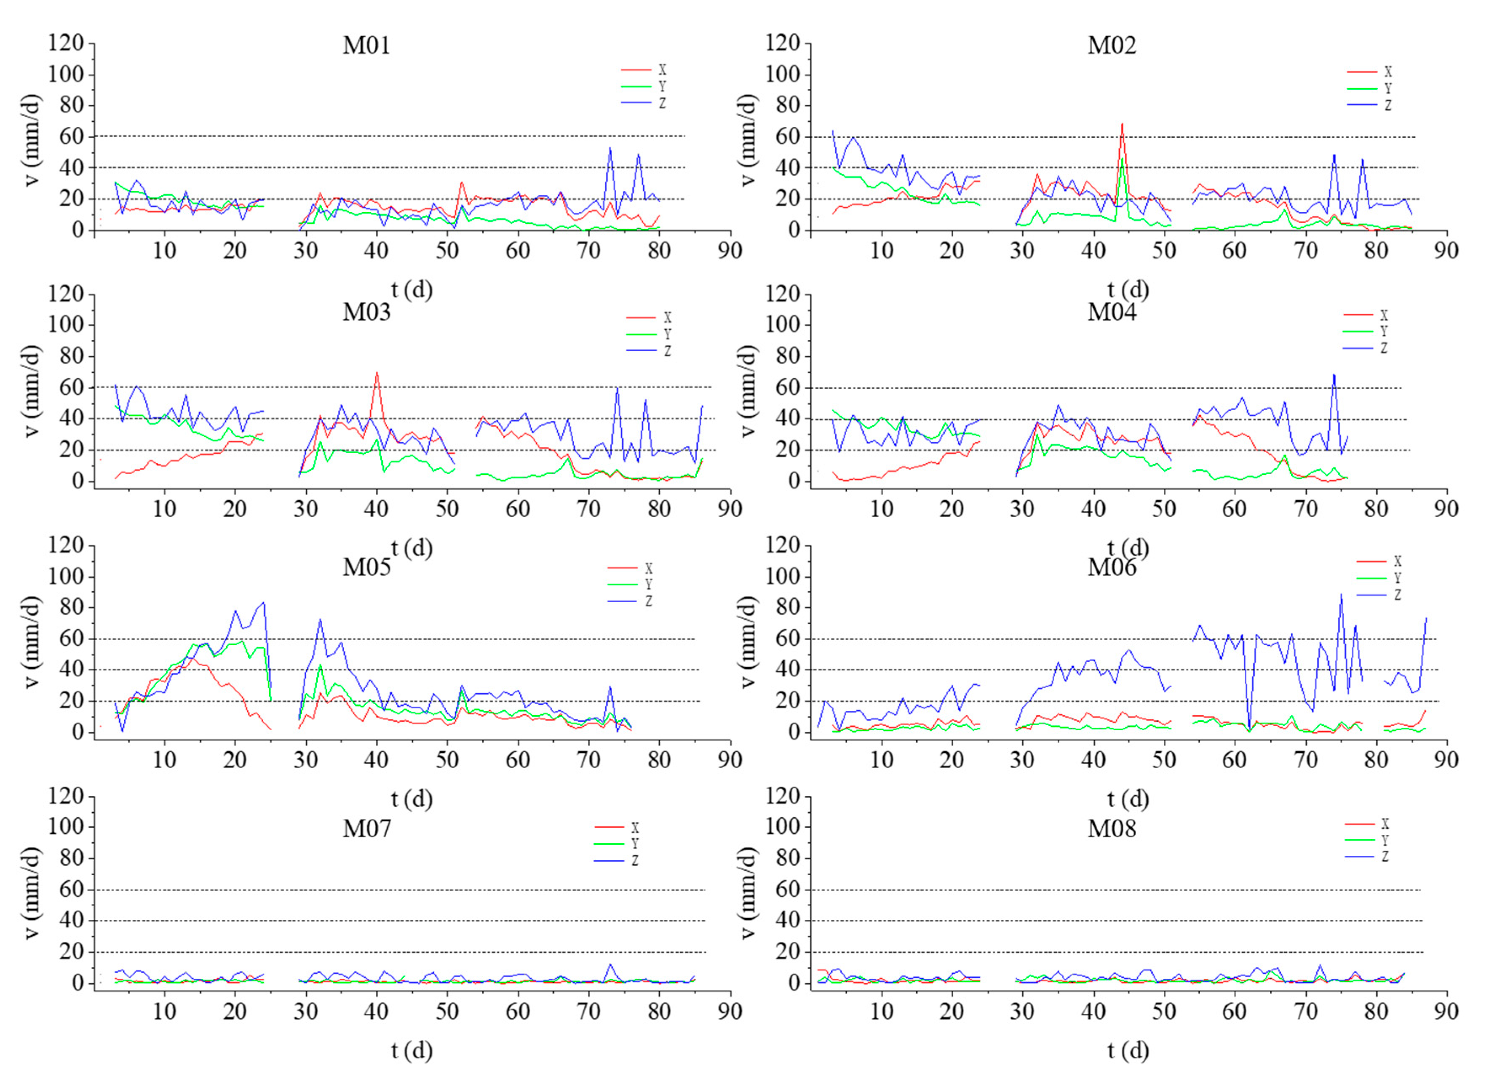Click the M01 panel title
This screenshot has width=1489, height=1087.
click(366, 45)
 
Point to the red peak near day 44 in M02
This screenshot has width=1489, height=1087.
click(1122, 124)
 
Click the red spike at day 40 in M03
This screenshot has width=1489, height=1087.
click(377, 373)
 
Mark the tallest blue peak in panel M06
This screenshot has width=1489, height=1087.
click(1341, 594)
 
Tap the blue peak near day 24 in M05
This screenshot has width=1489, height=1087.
click(264, 602)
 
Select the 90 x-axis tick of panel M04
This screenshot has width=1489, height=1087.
click(1446, 509)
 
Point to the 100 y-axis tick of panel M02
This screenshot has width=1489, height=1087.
click(783, 75)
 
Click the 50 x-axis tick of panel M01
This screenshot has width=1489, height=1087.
click(447, 251)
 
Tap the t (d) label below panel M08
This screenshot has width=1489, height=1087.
click(1128, 1050)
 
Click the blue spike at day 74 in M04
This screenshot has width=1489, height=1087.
click(1334, 375)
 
